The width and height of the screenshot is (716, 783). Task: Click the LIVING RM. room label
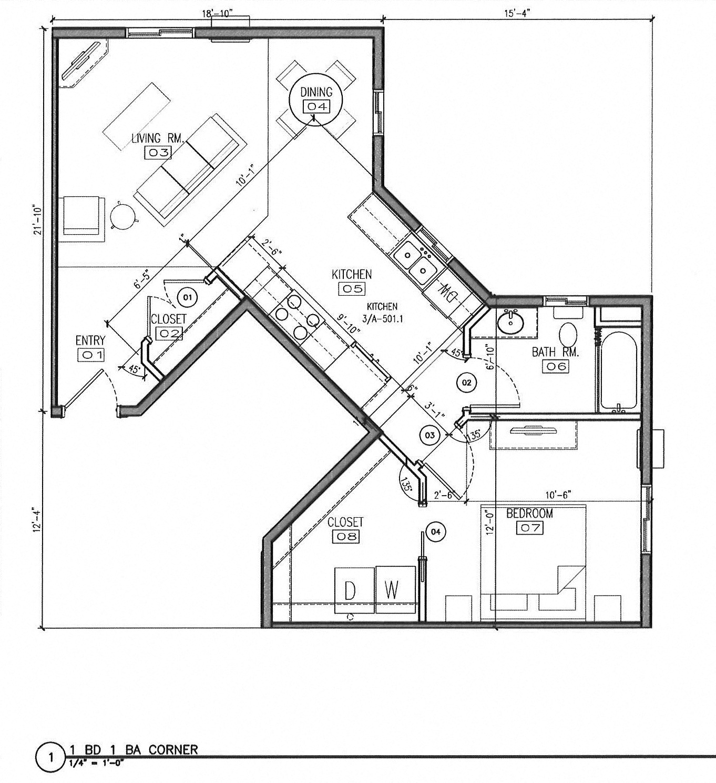tap(157, 138)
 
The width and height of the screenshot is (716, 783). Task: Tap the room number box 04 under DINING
tap(316, 106)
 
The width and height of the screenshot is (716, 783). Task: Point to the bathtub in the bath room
tap(619, 370)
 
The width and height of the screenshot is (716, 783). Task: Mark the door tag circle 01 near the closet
tap(187, 297)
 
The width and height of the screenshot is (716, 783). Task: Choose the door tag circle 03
tap(429, 435)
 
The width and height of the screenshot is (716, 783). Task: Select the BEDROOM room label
tap(529, 513)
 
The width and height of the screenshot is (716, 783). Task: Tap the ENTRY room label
tap(90, 341)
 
